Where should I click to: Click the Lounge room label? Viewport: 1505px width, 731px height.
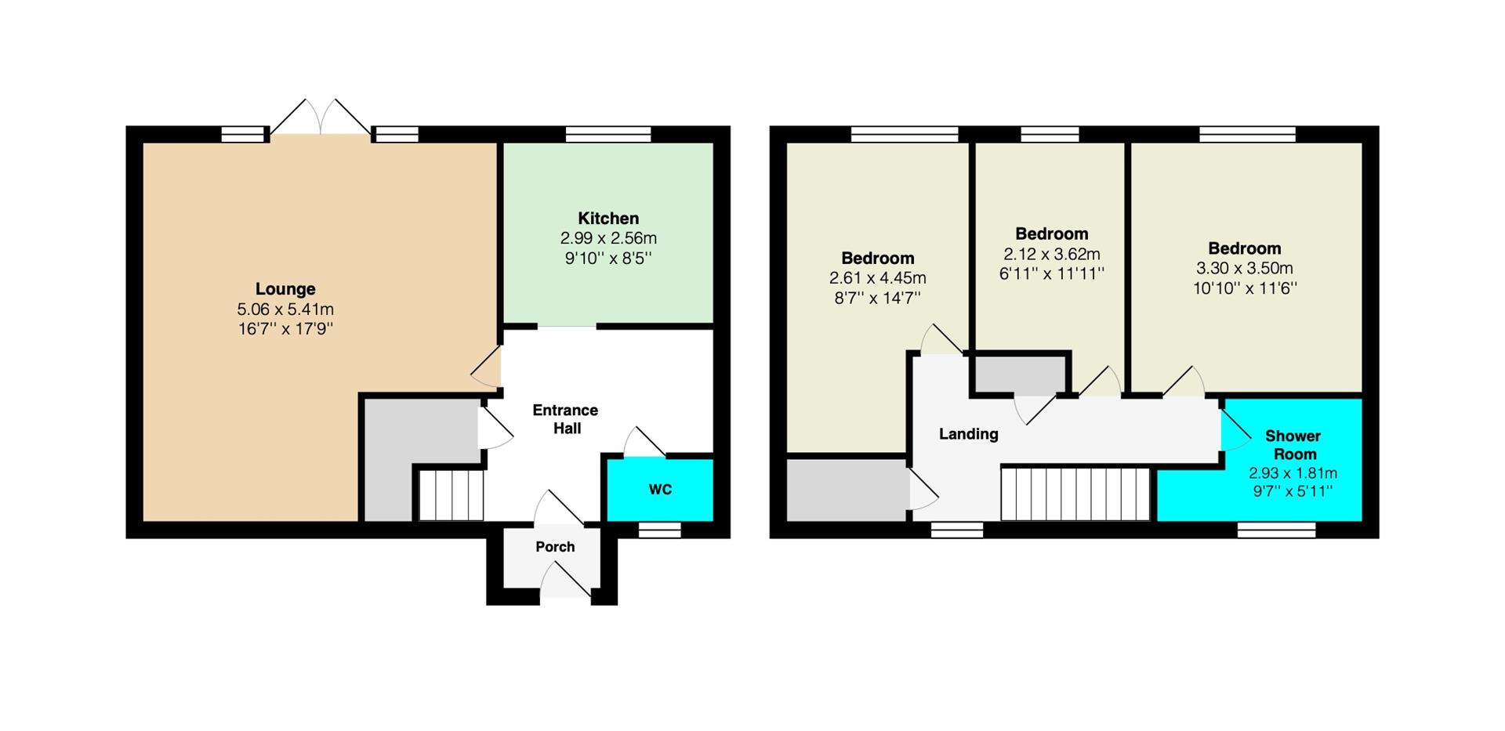point(285,289)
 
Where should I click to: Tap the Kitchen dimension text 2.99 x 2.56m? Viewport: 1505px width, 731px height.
point(608,238)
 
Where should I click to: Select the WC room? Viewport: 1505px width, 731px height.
point(660,490)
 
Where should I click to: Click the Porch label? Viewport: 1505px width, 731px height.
point(555,547)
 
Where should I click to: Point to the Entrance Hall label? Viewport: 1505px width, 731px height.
point(565,419)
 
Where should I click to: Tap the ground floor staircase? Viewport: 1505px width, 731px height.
point(451,494)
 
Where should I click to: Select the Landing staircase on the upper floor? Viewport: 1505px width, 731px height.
point(1075,494)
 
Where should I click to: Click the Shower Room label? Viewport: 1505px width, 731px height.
point(1293,445)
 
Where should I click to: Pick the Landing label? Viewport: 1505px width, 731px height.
point(969,434)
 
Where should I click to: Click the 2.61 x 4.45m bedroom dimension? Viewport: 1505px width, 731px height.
point(878,278)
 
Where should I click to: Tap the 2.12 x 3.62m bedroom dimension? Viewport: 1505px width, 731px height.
point(1052,254)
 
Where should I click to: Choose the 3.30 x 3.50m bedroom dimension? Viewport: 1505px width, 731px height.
point(1245,269)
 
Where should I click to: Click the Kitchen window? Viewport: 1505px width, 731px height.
point(608,134)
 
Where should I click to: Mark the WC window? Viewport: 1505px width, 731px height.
point(659,530)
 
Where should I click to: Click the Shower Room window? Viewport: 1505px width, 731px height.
point(1276,530)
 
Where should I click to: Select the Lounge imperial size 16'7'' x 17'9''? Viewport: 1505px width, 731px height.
point(285,329)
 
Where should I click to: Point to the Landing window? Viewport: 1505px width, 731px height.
point(957,530)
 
